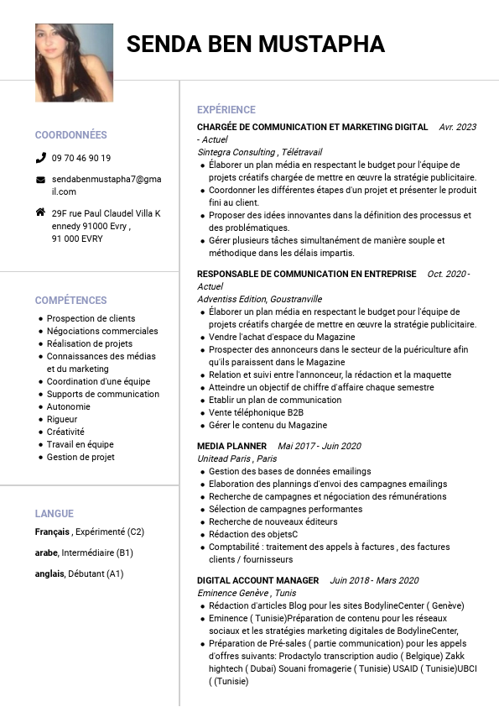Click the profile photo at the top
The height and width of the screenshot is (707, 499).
point(74,63)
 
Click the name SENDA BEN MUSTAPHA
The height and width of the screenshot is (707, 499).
point(256,45)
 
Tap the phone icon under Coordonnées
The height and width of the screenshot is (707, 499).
point(40,158)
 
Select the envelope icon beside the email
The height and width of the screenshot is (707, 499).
point(40,180)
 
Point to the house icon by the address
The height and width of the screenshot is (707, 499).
point(40,212)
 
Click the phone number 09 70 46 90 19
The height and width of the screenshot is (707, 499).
point(81,158)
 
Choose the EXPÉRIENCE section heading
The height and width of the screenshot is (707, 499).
point(226,110)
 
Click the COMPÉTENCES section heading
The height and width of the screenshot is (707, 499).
point(71,301)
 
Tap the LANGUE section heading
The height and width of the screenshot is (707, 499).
point(55,514)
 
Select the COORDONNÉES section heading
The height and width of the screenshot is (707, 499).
point(71,135)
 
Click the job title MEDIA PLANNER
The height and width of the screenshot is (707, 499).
point(232,446)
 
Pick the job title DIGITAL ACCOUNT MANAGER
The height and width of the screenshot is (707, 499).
point(258,580)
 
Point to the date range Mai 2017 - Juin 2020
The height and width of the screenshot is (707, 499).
point(320,446)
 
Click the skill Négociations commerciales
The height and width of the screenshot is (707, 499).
point(102,331)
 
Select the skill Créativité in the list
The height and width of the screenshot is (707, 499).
point(65,432)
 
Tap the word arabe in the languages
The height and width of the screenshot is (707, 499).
point(46,553)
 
